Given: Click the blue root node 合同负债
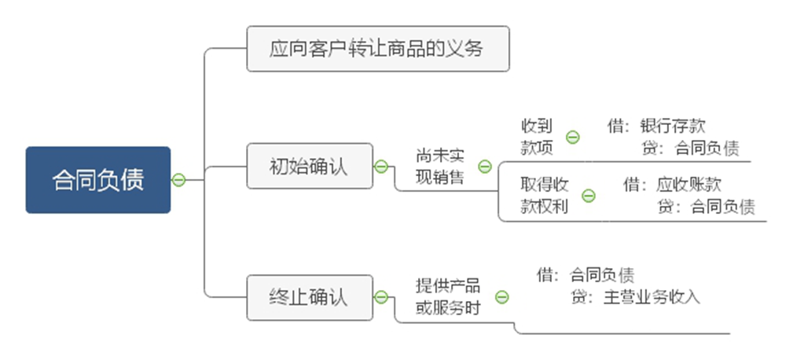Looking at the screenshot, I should coord(97,180).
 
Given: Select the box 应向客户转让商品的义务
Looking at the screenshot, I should coord(377,49).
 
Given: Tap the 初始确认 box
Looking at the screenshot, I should coord(309,166).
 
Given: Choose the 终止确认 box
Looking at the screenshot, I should coord(309,297).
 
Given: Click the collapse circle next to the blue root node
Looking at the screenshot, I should coord(178,180).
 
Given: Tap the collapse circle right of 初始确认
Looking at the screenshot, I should coord(381,166).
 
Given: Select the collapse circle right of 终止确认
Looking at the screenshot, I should coord(381,297).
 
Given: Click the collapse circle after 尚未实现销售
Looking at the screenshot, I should coord(485,166).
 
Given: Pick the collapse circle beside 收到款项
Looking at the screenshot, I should coord(573,137).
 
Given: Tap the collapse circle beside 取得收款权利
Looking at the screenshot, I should coord(589,195).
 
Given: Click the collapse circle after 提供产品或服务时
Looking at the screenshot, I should coord(501,297).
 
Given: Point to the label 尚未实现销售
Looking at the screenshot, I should coord(440,166).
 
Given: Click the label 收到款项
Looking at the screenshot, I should coord(537,136).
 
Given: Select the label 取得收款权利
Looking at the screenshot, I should coord(545,195).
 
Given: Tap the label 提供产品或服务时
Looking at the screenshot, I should coord(448,297).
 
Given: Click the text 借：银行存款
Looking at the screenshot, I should coord(656,126).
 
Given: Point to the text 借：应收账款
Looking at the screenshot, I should coord(672,185).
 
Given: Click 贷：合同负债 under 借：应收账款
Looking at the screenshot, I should coord(705,207).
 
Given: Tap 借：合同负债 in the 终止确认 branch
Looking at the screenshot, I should coord(586,275).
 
